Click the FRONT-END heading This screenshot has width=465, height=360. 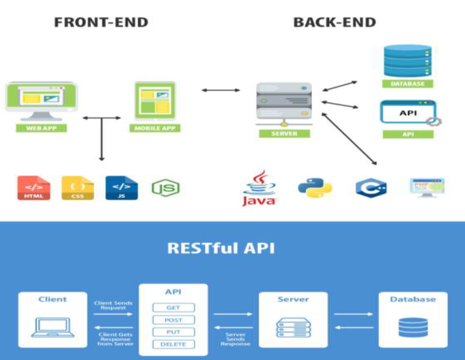tap(101, 23)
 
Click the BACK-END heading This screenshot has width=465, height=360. tap(335, 23)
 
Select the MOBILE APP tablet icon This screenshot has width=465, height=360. tap(155, 100)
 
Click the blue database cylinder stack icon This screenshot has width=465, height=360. tap(407, 61)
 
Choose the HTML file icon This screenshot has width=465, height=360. tap(33, 189)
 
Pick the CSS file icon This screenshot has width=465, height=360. tap(78, 189)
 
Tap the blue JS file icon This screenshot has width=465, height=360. tap(121, 189)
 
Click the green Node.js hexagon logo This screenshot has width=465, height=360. tap(166, 189)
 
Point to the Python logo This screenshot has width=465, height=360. tap(315, 188)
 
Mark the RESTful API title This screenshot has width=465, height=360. tap(221, 247)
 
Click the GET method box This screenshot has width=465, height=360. tap(173, 308)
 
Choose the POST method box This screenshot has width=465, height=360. tap(173, 320)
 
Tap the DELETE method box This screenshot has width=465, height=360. tap(173, 344)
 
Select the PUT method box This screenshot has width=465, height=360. tap(173, 332)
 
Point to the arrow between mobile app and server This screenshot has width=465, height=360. tap(221, 89)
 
